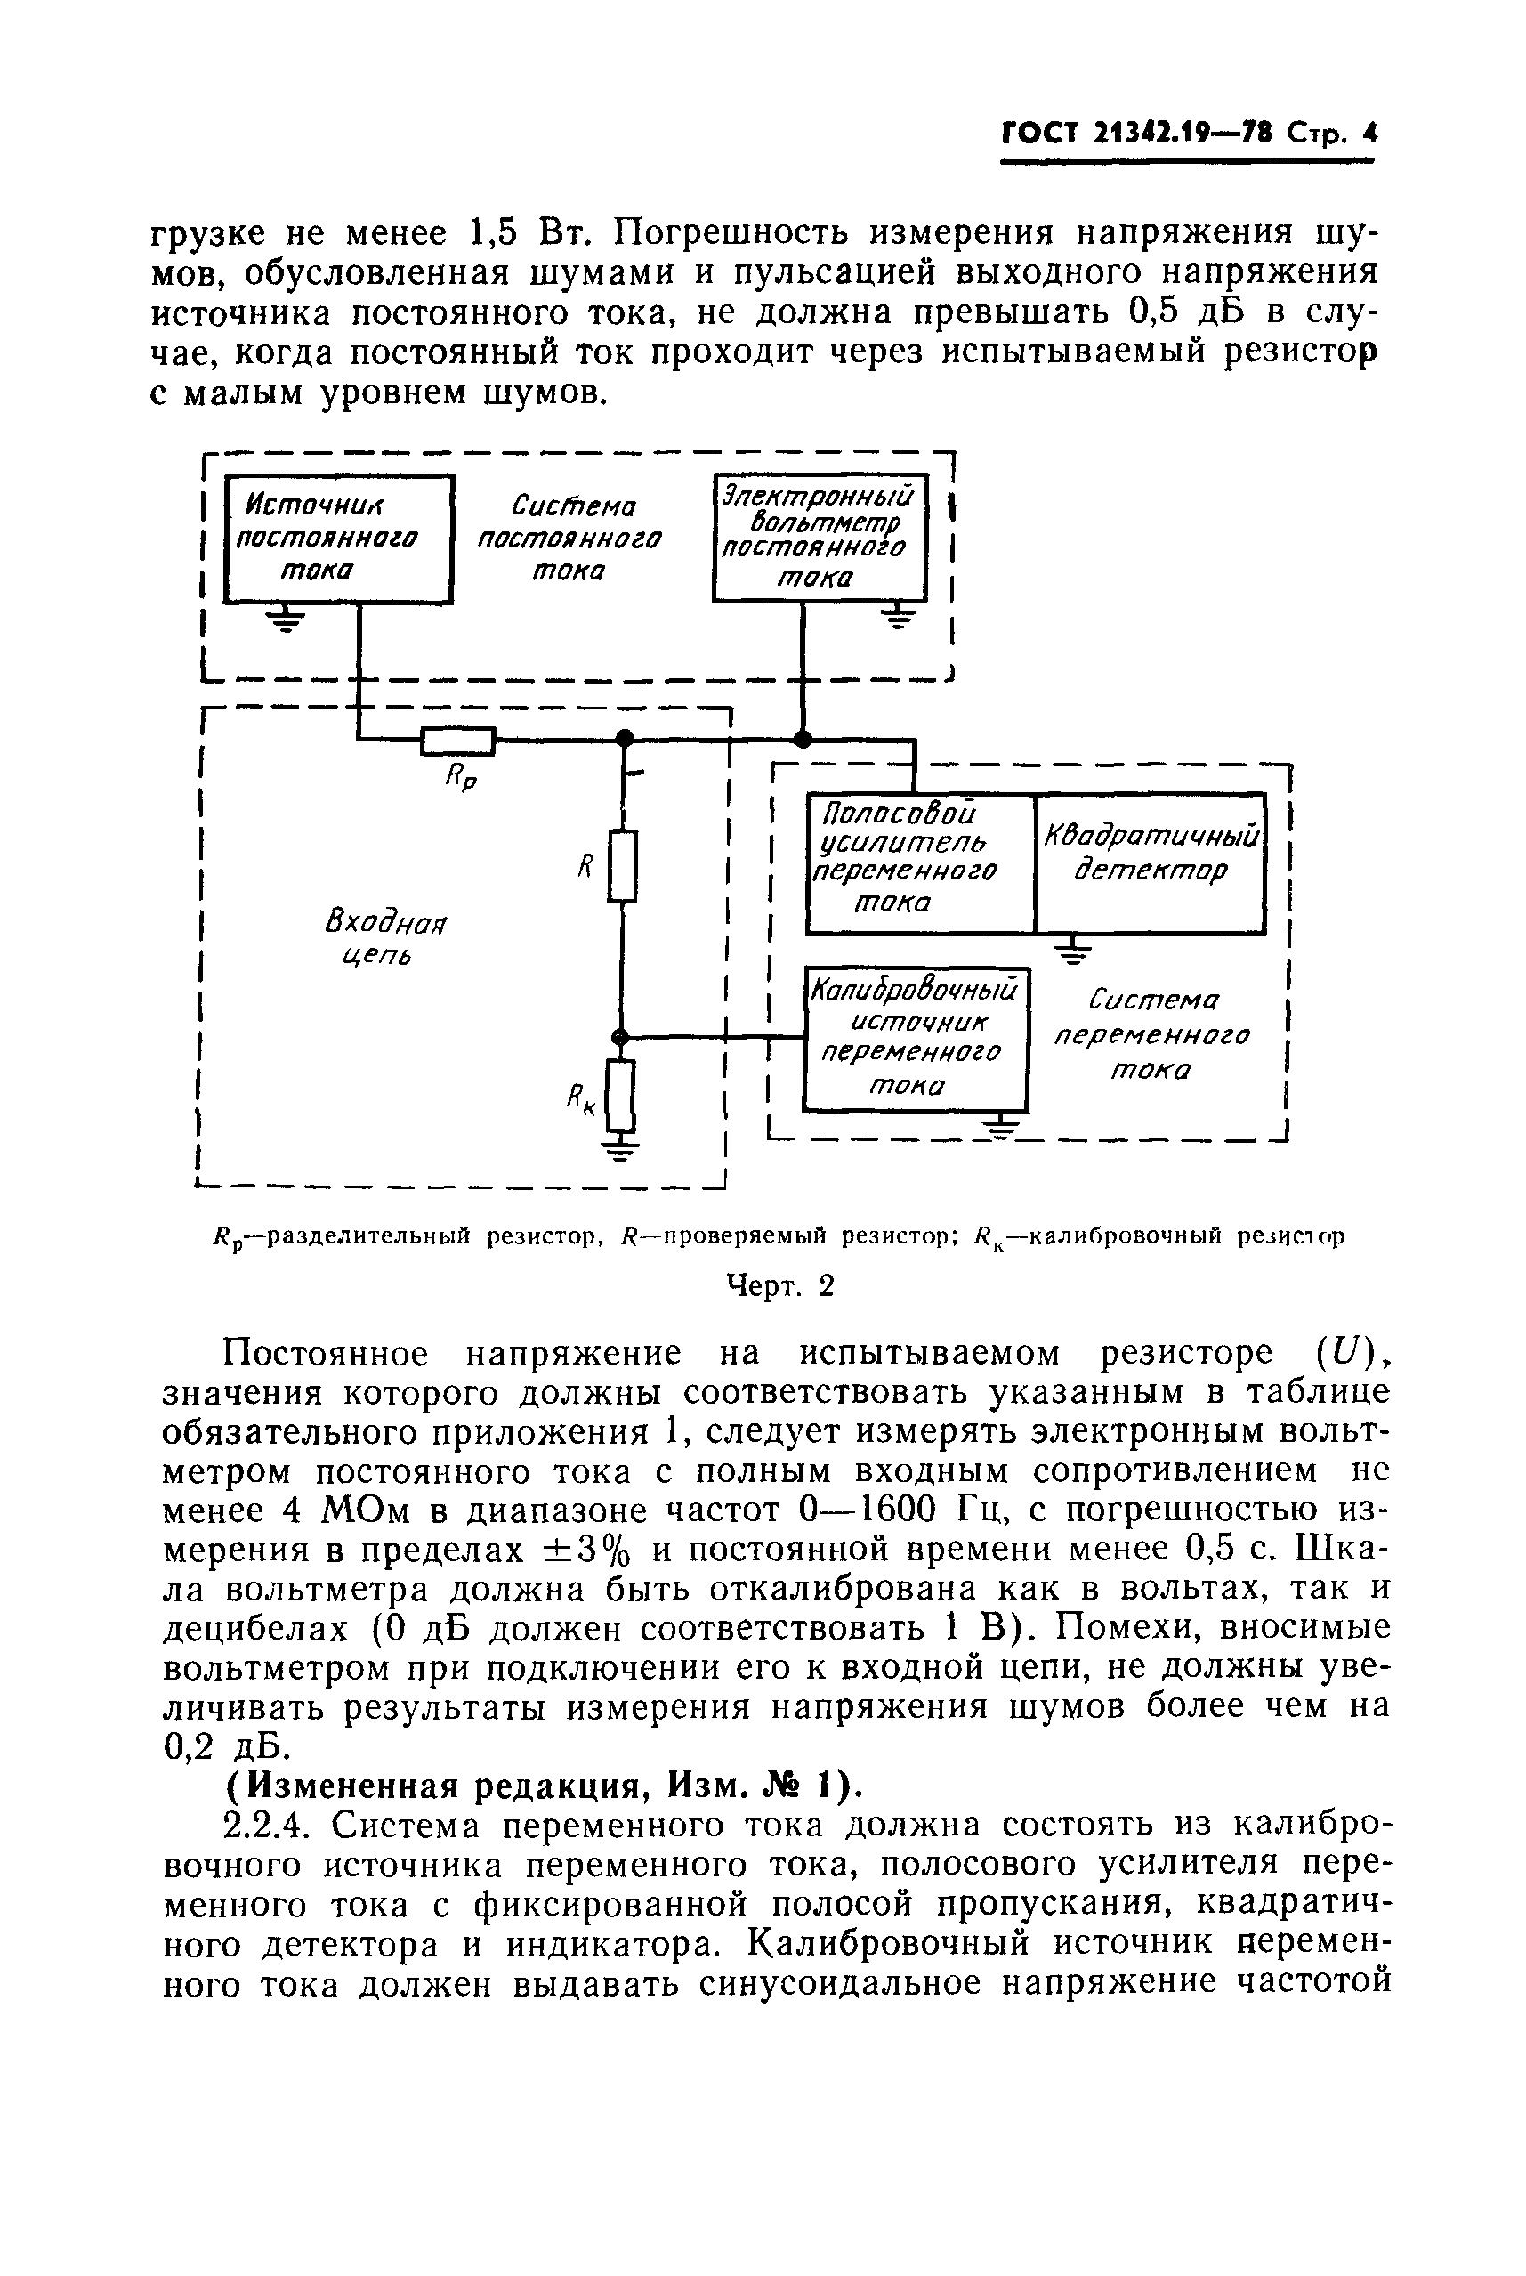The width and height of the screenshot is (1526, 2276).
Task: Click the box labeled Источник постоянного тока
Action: click(339, 538)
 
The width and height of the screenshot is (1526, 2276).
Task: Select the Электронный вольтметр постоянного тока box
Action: click(820, 538)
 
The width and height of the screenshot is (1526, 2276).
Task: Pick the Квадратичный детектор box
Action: click(1151, 863)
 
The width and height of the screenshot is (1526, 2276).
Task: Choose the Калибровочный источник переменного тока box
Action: click(915, 1039)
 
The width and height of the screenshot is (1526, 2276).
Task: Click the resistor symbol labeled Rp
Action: click(457, 742)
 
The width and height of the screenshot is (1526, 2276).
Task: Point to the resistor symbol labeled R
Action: click(623, 865)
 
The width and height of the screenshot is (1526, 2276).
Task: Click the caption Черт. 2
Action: click(781, 1287)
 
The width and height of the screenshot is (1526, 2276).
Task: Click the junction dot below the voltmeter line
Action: click(803, 740)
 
